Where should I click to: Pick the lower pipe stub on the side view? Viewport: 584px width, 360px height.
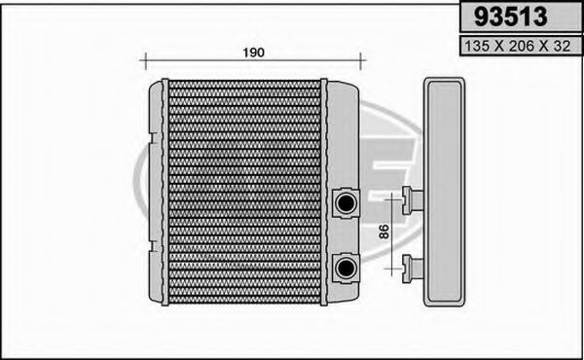coord(412,263)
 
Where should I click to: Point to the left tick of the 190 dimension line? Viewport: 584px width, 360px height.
coord(143,61)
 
